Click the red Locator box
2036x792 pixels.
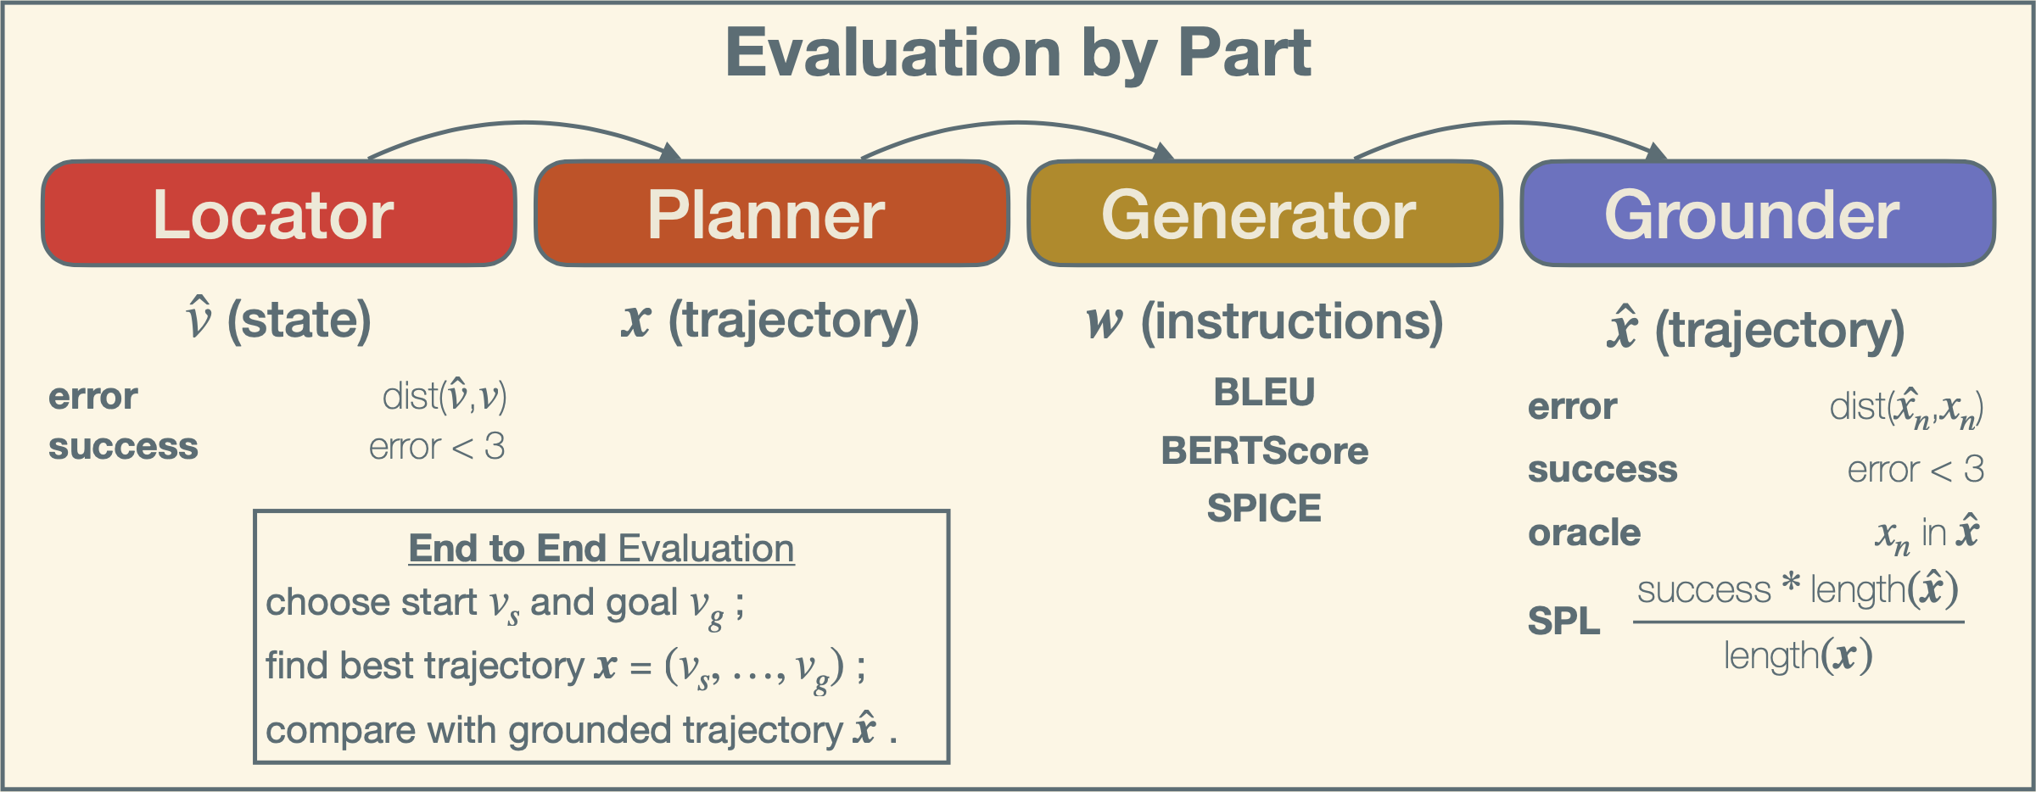click(x=279, y=214)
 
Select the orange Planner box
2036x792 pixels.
click(x=772, y=214)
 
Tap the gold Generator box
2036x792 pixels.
click(x=1265, y=214)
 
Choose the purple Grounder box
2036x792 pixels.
click(x=1758, y=214)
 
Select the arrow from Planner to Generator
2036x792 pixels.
click(x=1018, y=124)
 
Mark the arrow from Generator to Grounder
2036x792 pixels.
click(x=1511, y=124)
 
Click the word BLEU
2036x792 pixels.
click(x=1264, y=393)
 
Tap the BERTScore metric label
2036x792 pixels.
click(x=1264, y=450)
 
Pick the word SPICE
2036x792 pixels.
click(x=1264, y=508)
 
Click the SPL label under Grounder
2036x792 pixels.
click(x=1563, y=622)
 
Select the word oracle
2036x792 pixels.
click(x=1584, y=533)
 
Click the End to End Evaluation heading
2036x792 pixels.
click(x=601, y=549)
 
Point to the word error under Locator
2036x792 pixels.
click(x=93, y=397)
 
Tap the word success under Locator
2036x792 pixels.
click(x=123, y=447)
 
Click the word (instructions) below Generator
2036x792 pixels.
click(x=1291, y=322)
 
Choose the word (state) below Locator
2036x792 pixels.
click(x=299, y=321)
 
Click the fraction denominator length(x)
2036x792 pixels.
click(x=1798, y=656)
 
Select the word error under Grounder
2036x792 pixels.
click(x=1573, y=407)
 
